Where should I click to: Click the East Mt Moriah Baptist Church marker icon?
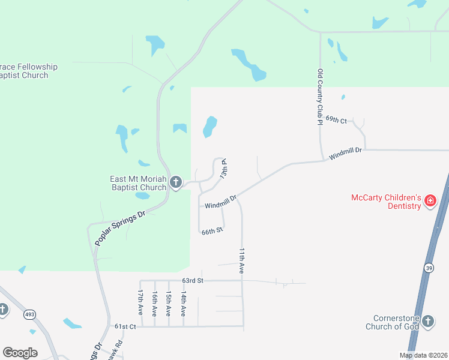point(176,182)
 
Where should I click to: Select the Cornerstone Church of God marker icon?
point(428,321)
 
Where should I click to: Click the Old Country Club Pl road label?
point(321,97)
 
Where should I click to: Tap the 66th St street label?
point(212,231)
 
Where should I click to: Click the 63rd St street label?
point(193,280)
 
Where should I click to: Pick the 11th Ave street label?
point(242,261)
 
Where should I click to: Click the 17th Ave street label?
point(140,304)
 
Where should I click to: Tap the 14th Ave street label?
point(184,304)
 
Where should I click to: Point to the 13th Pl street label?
point(224,169)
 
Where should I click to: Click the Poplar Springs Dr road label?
point(120,229)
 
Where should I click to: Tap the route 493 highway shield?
point(29,314)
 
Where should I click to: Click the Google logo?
point(20,353)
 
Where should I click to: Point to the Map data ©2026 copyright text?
point(423,355)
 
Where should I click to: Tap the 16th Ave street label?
point(155,304)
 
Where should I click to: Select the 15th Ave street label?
point(169,304)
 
